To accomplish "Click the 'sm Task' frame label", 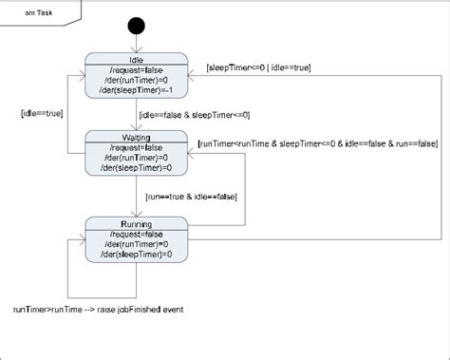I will coord(38,14).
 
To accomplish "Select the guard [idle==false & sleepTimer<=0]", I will coord(195,115).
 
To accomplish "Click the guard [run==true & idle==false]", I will coord(190,196).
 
